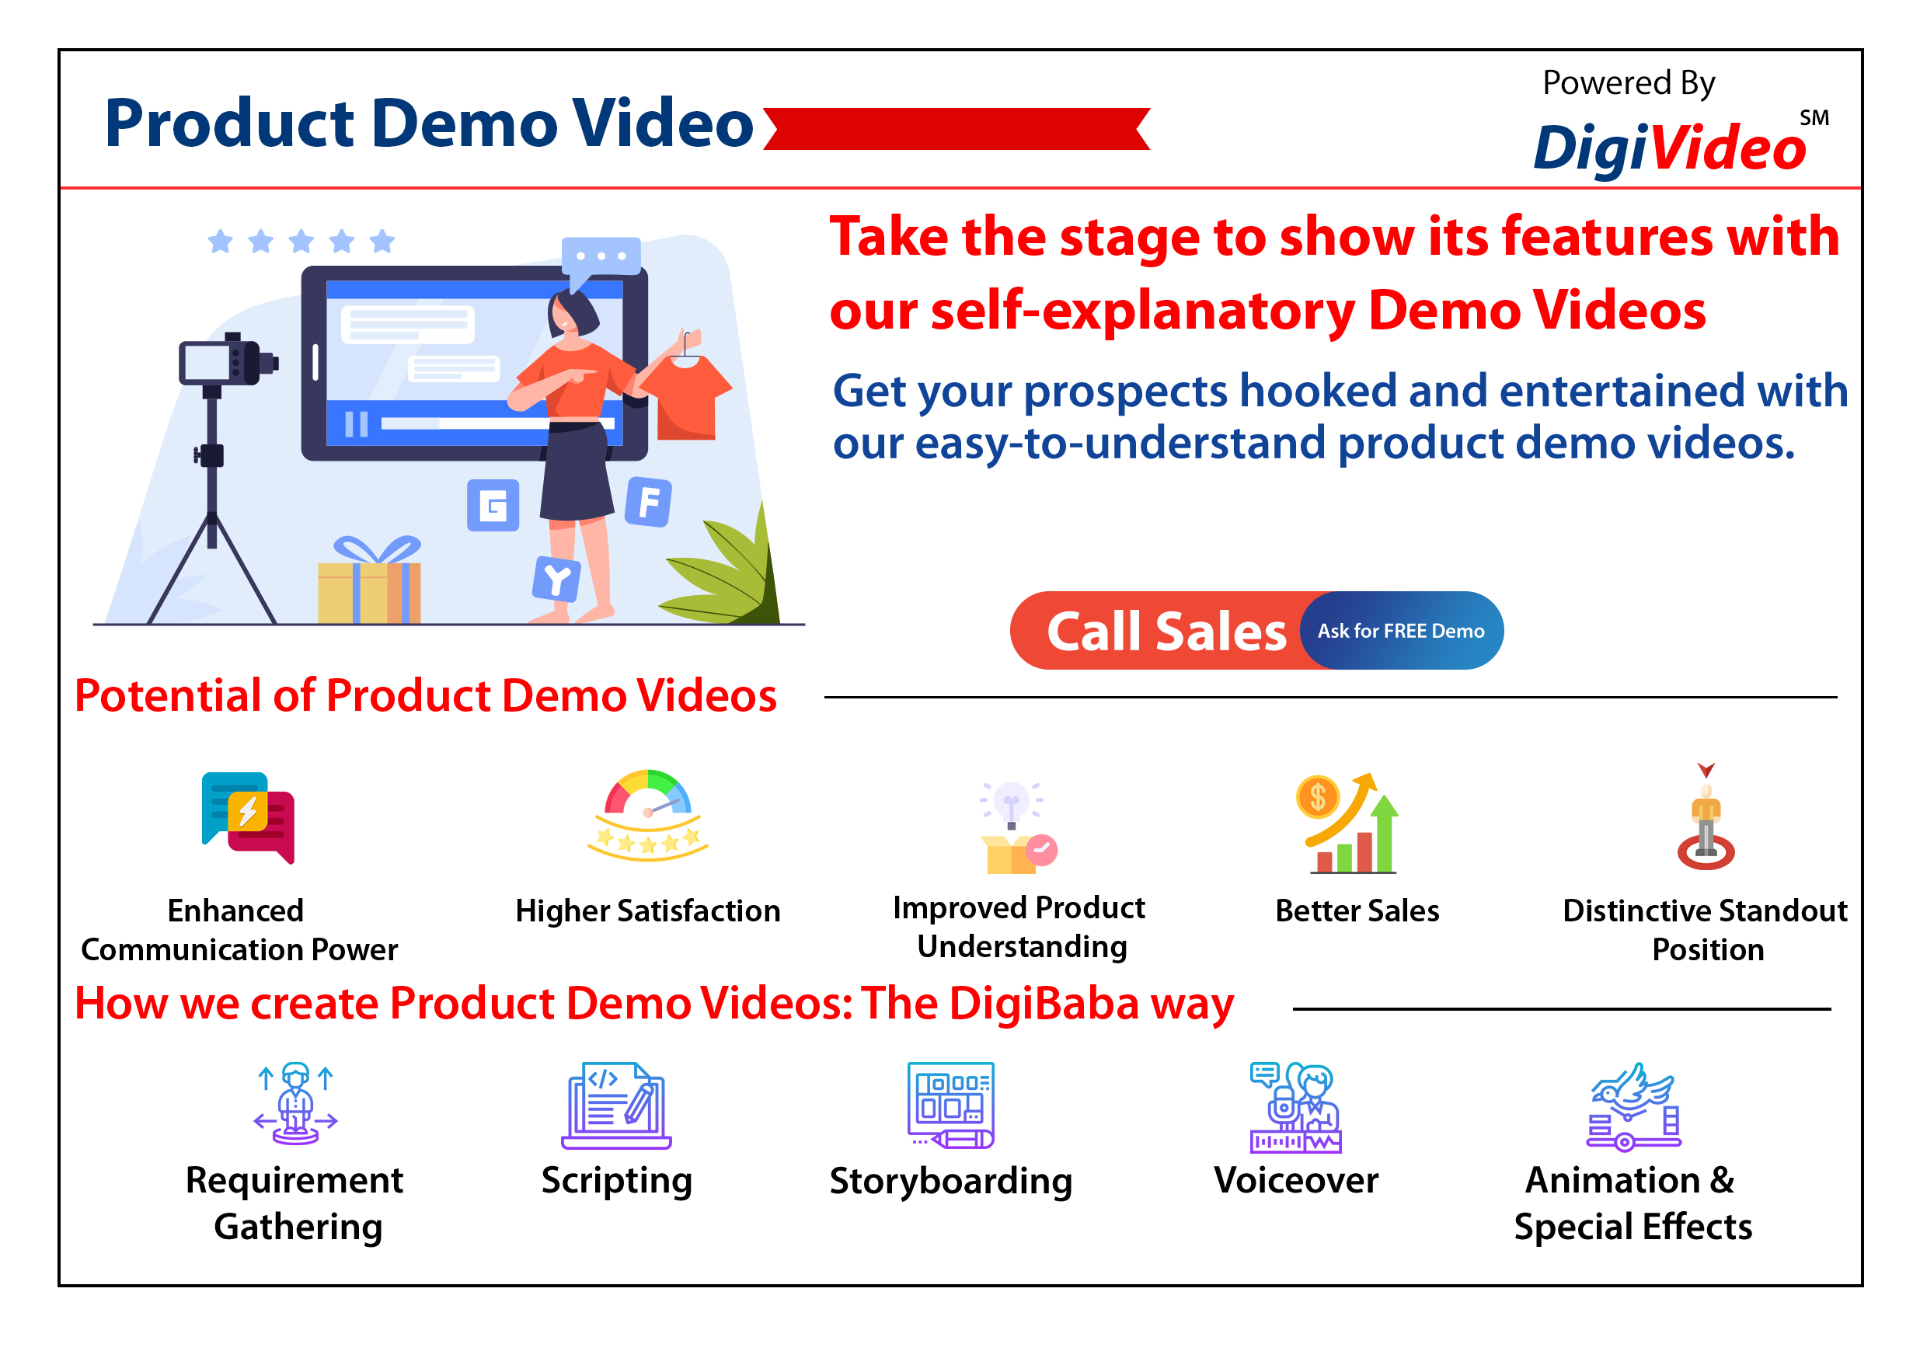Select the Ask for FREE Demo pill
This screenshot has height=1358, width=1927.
[x=1401, y=630]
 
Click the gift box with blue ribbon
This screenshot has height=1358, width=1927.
[x=369, y=579]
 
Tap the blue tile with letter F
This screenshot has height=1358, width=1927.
[x=649, y=502]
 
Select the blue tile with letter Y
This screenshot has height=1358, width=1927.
[x=556, y=579]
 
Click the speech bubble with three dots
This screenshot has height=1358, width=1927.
[x=601, y=260]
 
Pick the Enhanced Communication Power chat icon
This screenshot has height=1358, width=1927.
[x=249, y=817]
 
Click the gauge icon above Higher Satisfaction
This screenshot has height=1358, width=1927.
[x=648, y=815]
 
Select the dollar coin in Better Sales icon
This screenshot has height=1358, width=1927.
[x=1318, y=796]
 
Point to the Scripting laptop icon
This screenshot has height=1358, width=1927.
[x=617, y=1106]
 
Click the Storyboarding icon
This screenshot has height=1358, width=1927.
[x=951, y=1106]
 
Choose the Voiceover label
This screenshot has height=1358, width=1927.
[x=1296, y=1181]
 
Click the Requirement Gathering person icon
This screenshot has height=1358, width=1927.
[x=295, y=1104]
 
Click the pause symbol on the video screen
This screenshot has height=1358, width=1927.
[x=357, y=424]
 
